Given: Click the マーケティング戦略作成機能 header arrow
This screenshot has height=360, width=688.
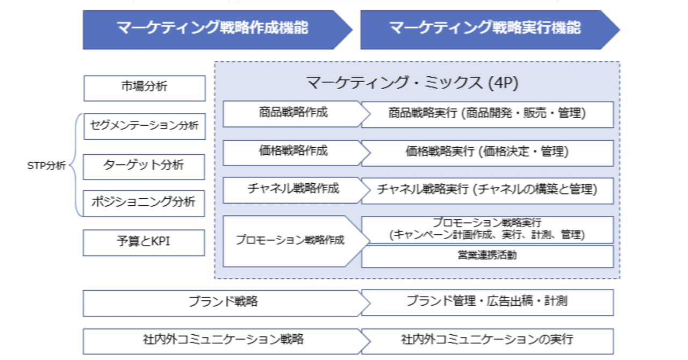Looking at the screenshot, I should [212, 28].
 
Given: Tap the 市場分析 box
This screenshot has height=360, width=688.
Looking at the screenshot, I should [144, 88].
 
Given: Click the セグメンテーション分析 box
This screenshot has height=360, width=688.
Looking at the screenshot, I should [144, 126].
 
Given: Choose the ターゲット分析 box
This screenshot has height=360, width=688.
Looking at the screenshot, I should [144, 165].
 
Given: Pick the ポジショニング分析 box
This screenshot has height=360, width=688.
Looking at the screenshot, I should [144, 203].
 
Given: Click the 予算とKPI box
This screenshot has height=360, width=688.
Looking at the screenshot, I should [144, 242].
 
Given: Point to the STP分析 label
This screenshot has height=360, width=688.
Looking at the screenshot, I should [46, 165].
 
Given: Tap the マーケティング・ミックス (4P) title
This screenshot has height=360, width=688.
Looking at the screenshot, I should [412, 83].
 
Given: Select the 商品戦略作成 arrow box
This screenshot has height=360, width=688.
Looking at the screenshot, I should [293, 113].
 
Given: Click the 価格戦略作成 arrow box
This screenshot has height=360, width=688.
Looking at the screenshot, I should [293, 152].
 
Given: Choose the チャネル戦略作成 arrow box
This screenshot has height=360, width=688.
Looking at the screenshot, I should [293, 190].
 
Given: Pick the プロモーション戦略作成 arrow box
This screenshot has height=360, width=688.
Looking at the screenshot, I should [290, 241].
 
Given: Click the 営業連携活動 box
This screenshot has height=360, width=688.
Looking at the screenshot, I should [486, 256].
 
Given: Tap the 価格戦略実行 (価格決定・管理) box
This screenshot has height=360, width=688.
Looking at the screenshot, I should [486, 152].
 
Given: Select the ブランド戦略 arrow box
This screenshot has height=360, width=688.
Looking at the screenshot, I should [223, 303].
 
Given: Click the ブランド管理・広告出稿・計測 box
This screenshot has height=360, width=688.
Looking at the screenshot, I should [486, 301].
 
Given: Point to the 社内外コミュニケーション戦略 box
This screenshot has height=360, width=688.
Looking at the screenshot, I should [223, 340].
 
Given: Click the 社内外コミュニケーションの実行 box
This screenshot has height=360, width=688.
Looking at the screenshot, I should [486, 340].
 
